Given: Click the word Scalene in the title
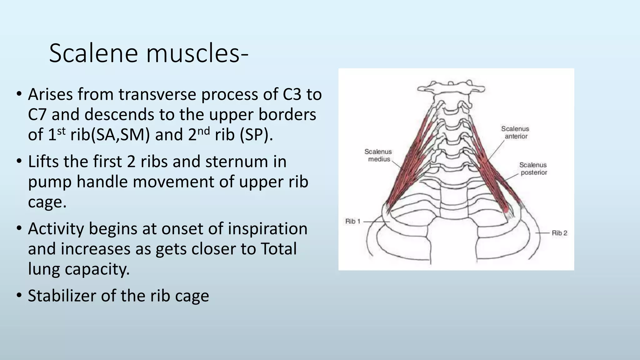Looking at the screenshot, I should pyautogui.click(x=93, y=53).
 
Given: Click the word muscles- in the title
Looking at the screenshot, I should pyautogui.click(x=197, y=53).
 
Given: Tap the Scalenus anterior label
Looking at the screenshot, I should pyautogui.click(x=515, y=132).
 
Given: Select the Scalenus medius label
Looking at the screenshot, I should pyautogui.click(x=378, y=155).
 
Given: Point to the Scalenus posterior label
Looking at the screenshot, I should pyautogui.click(x=533, y=169).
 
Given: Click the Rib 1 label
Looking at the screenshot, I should pyautogui.click(x=353, y=221).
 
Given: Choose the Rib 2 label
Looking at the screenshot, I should pyautogui.click(x=559, y=233).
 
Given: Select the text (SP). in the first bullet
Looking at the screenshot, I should pyautogui.click(x=256, y=135).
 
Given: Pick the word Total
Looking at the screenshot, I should pyautogui.click(x=278, y=249).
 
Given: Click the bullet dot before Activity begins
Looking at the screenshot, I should pyautogui.click(x=19, y=229).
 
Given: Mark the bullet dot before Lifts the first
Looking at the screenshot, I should pyautogui.click(x=19, y=162).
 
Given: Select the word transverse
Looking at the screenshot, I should pyautogui.click(x=157, y=94).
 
